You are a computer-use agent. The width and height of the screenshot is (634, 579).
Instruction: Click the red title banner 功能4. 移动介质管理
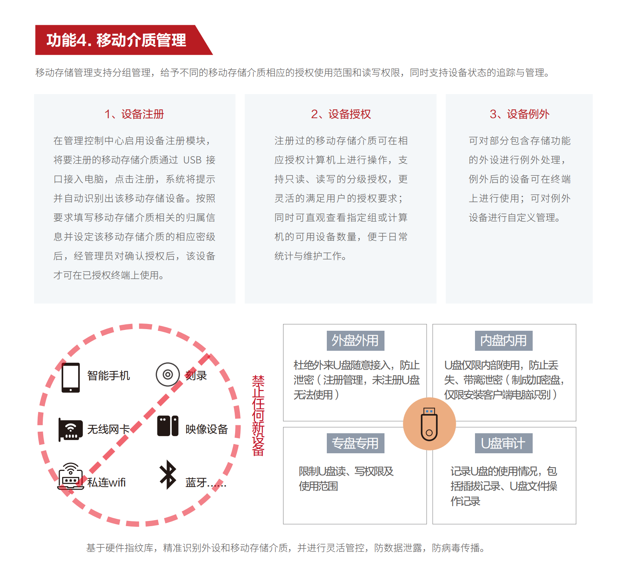(117, 40)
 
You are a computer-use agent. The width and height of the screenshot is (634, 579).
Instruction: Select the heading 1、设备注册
(134, 114)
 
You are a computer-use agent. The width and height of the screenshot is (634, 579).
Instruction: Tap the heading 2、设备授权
(341, 114)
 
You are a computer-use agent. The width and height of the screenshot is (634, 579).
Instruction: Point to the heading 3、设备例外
(519, 114)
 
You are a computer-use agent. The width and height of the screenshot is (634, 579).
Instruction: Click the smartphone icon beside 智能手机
(71, 377)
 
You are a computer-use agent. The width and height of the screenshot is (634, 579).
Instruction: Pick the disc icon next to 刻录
(168, 374)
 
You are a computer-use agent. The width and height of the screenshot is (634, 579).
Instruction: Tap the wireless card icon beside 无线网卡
(70, 430)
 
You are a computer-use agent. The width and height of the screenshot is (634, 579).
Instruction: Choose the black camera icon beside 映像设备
(168, 426)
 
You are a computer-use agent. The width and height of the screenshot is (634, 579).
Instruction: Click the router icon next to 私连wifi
(71, 477)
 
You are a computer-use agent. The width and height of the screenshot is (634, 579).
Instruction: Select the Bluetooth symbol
(168, 474)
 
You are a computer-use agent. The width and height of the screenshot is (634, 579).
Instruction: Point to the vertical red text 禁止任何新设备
(258, 416)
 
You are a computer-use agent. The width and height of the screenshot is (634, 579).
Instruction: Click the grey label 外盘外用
(355, 341)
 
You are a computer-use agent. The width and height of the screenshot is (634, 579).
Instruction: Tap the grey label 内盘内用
(503, 341)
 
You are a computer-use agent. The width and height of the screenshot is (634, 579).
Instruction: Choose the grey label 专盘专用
(355, 443)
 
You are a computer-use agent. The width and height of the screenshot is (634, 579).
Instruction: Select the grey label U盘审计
(503, 443)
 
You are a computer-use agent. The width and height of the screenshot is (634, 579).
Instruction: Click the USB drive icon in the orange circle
(429, 424)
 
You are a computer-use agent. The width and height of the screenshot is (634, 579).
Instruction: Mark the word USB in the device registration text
(192, 160)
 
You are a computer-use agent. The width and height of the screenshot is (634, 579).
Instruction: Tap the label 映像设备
(207, 429)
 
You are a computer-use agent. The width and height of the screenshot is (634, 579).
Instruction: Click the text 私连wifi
(107, 482)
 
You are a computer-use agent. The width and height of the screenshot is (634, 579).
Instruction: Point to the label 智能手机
(109, 376)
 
